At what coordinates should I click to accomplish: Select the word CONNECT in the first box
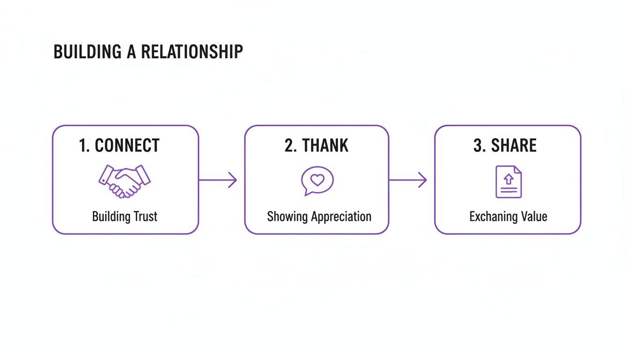tap(127, 146)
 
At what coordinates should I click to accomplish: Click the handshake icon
tap(124, 180)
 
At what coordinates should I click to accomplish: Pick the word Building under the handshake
tap(111, 217)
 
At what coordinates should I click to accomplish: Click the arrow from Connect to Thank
tap(218, 180)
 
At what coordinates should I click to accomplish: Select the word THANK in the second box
tap(325, 146)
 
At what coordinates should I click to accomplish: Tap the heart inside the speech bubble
tap(317, 180)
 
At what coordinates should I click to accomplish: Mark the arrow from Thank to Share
tap(408, 180)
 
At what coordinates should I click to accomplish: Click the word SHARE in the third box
tap(514, 146)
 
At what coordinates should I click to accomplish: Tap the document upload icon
tap(509, 182)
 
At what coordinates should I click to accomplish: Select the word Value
tap(534, 217)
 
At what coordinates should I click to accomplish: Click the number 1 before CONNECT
tap(83, 146)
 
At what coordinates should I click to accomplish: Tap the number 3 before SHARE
tap(479, 146)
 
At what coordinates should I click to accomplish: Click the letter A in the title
tap(132, 52)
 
